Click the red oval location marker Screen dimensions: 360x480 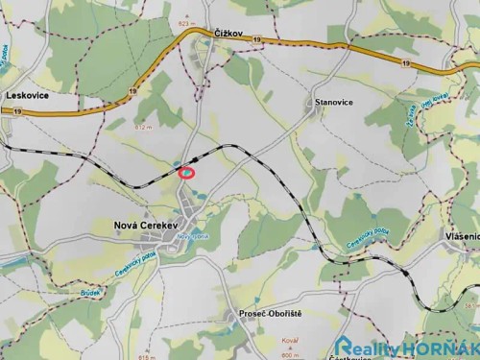188,173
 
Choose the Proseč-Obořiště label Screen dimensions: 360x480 270,315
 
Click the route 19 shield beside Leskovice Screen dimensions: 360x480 18,111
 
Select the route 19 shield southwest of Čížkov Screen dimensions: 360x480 132,91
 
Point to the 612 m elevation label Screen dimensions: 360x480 144,127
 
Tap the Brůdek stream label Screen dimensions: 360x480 90,291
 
